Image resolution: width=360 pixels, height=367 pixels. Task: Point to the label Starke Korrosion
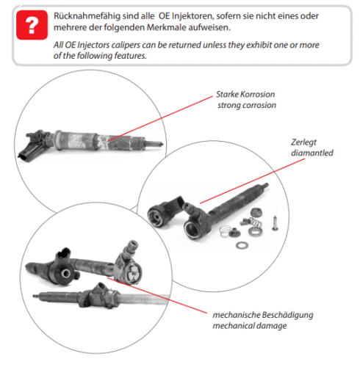pos(246,95)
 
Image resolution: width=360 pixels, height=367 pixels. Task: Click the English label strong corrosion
pos(246,106)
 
